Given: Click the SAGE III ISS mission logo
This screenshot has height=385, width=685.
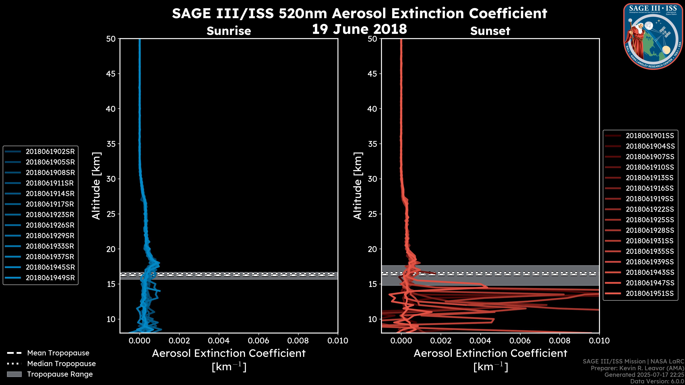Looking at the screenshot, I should [653, 36].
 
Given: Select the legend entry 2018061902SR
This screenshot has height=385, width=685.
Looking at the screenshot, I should [50, 152].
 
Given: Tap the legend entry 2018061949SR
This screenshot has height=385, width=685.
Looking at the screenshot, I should [50, 278].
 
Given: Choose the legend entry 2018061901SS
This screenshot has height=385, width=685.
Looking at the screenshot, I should [650, 136].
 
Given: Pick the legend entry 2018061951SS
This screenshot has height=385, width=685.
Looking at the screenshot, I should [650, 294].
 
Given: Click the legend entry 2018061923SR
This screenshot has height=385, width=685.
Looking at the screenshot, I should [50, 215].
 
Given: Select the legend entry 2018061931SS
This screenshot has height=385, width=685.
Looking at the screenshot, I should [650, 241].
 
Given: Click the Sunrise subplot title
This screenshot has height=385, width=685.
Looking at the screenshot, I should [229, 31].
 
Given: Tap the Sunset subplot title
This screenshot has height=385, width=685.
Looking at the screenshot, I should [490, 31].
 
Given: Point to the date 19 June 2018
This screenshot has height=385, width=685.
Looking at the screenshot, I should [359, 29].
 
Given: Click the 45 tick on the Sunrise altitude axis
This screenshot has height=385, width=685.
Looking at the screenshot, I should [111, 74].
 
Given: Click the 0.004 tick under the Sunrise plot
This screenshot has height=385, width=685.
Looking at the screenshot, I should [219, 341].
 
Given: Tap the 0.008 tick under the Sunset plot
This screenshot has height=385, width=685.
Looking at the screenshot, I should [560, 341].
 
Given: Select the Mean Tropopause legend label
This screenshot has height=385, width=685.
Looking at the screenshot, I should [58, 353].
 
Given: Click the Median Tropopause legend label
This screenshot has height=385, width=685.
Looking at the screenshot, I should [61, 364].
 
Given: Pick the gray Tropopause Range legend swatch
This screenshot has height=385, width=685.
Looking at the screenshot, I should [14, 374].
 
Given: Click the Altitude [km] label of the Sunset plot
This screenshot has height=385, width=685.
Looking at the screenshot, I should [358, 186].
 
